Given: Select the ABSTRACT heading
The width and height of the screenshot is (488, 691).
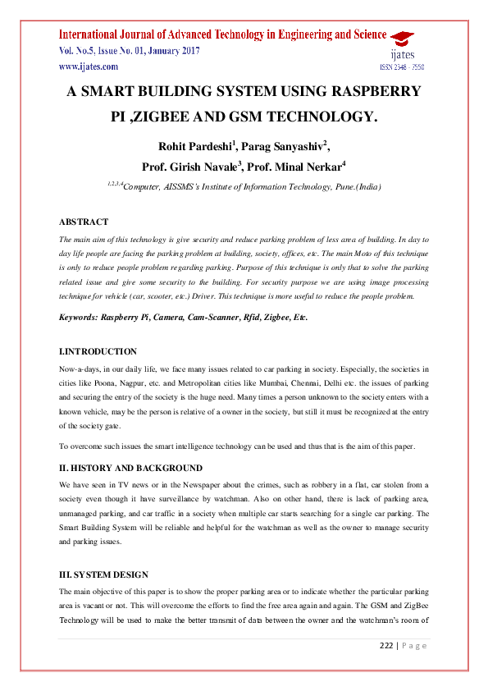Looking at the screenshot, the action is (84, 222).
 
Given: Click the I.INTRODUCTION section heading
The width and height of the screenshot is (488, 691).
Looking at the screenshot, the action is (98, 351).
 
